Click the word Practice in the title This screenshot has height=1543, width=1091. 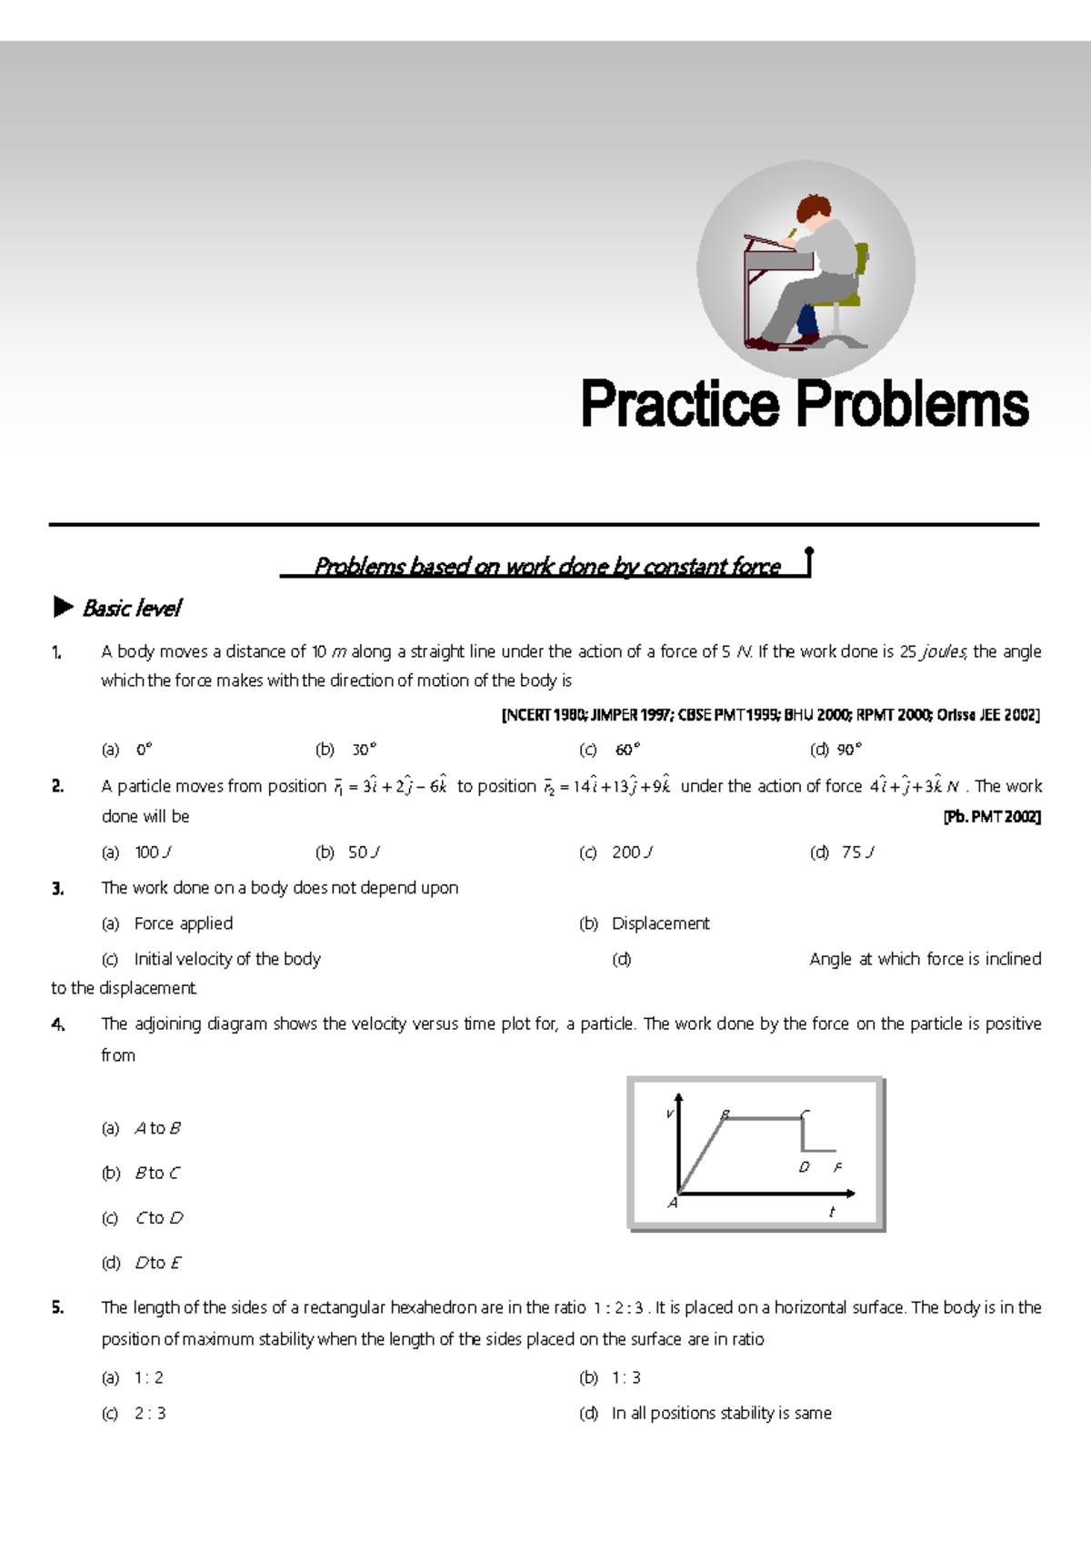680,405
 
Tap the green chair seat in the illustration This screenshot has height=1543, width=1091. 836,299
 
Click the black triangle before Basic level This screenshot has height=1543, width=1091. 63,607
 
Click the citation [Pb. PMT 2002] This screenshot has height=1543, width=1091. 992,817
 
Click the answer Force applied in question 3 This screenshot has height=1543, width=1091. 183,923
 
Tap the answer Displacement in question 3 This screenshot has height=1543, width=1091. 660,923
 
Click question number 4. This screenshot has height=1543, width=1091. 58,1024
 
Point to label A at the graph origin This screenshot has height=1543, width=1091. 673,1203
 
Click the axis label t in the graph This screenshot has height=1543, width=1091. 831,1212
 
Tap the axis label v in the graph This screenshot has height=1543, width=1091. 670,1114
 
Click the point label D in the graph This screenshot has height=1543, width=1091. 804,1167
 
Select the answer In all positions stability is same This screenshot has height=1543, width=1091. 721,1413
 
